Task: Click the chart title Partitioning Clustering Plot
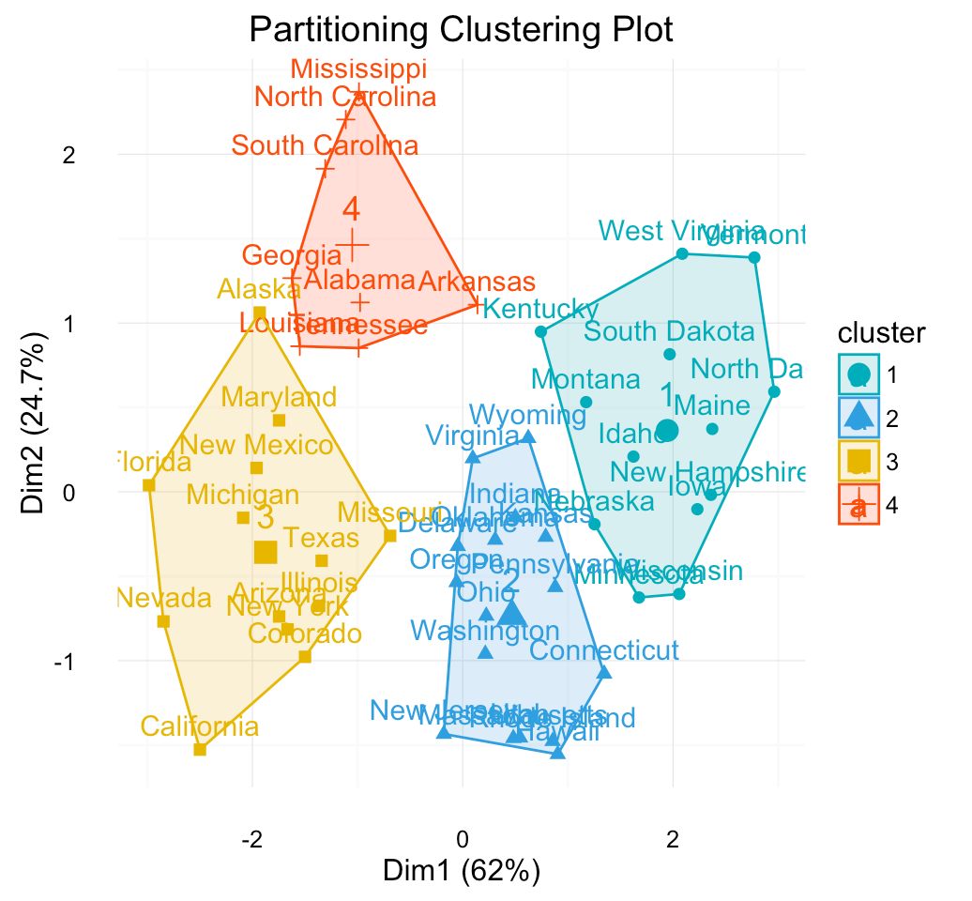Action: pyautogui.click(x=461, y=30)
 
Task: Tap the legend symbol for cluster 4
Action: pyautogui.click(x=858, y=505)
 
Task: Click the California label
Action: pyautogui.click(x=199, y=726)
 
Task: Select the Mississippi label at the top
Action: pyautogui.click(x=358, y=69)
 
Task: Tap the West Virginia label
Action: pyautogui.click(x=681, y=231)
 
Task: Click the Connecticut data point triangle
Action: pyautogui.click(x=604, y=672)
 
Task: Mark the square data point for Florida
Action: pyautogui.click(x=148, y=485)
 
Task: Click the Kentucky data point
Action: pyautogui.click(x=540, y=331)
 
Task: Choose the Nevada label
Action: pyautogui.click(x=164, y=598)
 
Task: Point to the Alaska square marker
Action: pyautogui.click(x=259, y=313)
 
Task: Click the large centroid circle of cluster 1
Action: pyautogui.click(x=667, y=431)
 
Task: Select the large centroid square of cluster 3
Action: pyautogui.click(x=266, y=552)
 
